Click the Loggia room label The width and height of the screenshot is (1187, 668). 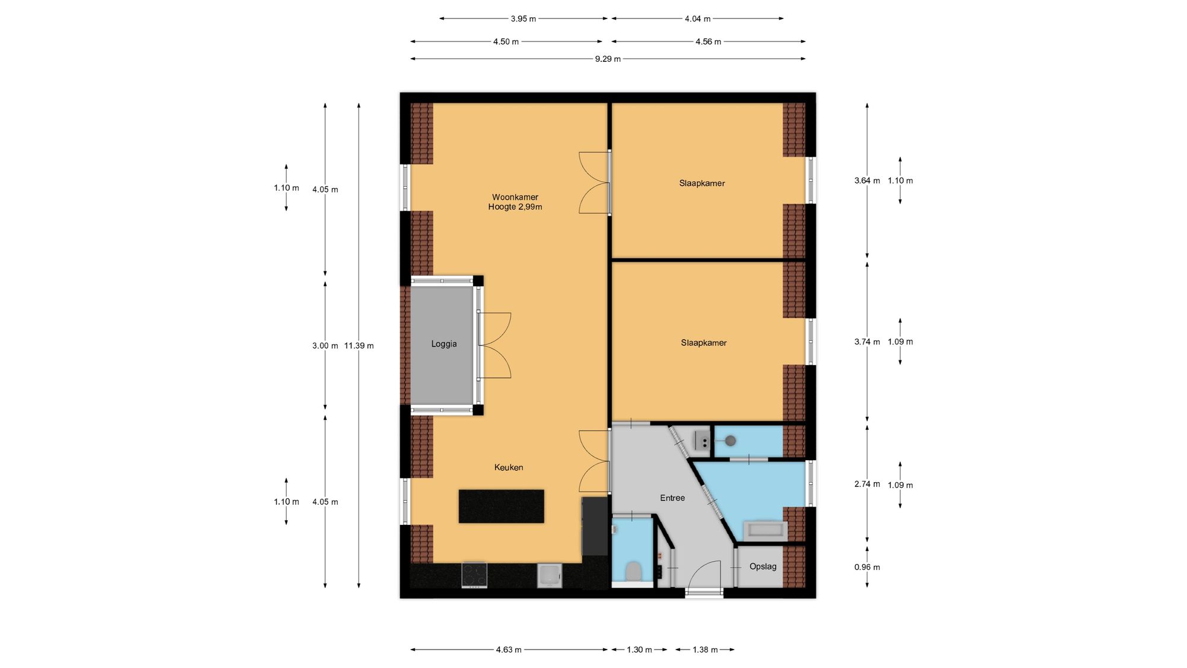[x=444, y=344]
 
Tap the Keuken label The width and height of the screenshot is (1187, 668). [x=509, y=467]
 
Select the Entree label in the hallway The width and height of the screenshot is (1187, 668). [x=672, y=498]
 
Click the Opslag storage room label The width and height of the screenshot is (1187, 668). [x=763, y=566]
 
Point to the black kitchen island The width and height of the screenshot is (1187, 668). [x=502, y=506]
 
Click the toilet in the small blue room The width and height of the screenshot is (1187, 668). [x=634, y=571]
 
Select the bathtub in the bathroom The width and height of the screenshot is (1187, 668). [x=766, y=530]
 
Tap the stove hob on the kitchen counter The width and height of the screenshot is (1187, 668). [x=474, y=574]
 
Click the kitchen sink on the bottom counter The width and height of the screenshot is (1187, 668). [x=550, y=575]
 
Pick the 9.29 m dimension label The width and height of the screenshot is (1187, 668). [x=608, y=59]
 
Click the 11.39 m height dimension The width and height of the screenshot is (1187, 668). [x=359, y=346]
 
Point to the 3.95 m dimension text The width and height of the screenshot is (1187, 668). [x=523, y=19]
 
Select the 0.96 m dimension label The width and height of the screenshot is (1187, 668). [x=867, y=567]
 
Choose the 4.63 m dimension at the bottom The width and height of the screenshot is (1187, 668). [x=509, y=650]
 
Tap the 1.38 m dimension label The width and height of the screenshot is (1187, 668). [x=705, y=650]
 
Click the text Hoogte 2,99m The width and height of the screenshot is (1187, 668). [x=515, y=207]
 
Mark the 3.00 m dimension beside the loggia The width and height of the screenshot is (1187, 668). [x=325, y=346]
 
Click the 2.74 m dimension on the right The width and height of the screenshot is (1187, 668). [x=867, y=484]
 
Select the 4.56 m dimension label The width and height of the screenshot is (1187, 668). [x=708, y=42]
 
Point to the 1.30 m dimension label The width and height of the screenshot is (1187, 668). [x=639, y=650]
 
